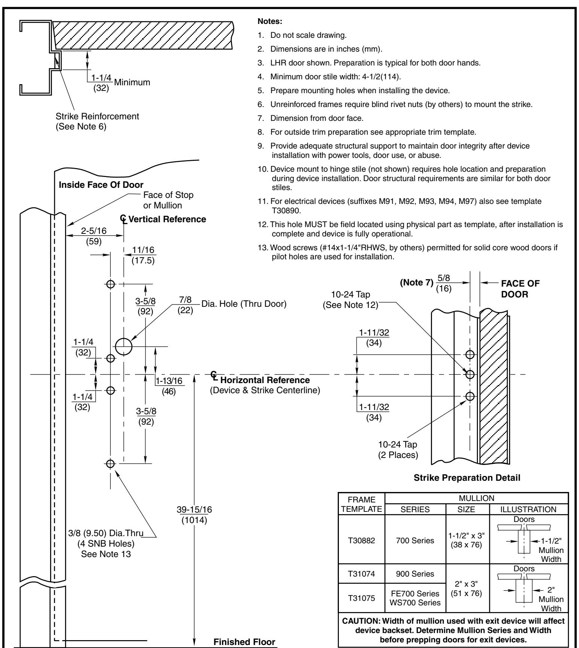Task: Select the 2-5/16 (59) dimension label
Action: (x=94, y=236)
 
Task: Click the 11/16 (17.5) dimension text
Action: (x=144, y=255)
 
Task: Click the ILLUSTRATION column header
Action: (x=529, y=509)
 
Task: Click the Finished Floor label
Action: (x=244, y=642)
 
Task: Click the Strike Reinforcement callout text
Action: (x=97, y=116)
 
